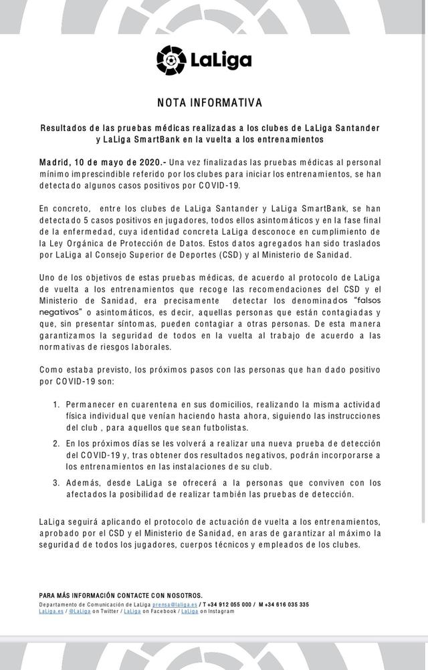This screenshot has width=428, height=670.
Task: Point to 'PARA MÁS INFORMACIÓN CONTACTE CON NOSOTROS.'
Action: click(x=120, y=595)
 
